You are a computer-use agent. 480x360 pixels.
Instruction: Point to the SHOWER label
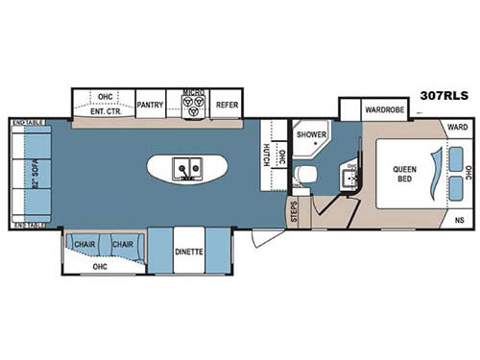click(x=310, y=134)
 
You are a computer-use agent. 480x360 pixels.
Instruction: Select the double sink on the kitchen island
click(x=185, y=169)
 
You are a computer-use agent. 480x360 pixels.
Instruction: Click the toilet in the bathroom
click(x=306, y=173)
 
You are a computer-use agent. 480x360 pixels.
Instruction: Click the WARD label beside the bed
click(x=456, y=126)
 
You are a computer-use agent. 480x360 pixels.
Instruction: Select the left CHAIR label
click(x=85, y=245)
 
